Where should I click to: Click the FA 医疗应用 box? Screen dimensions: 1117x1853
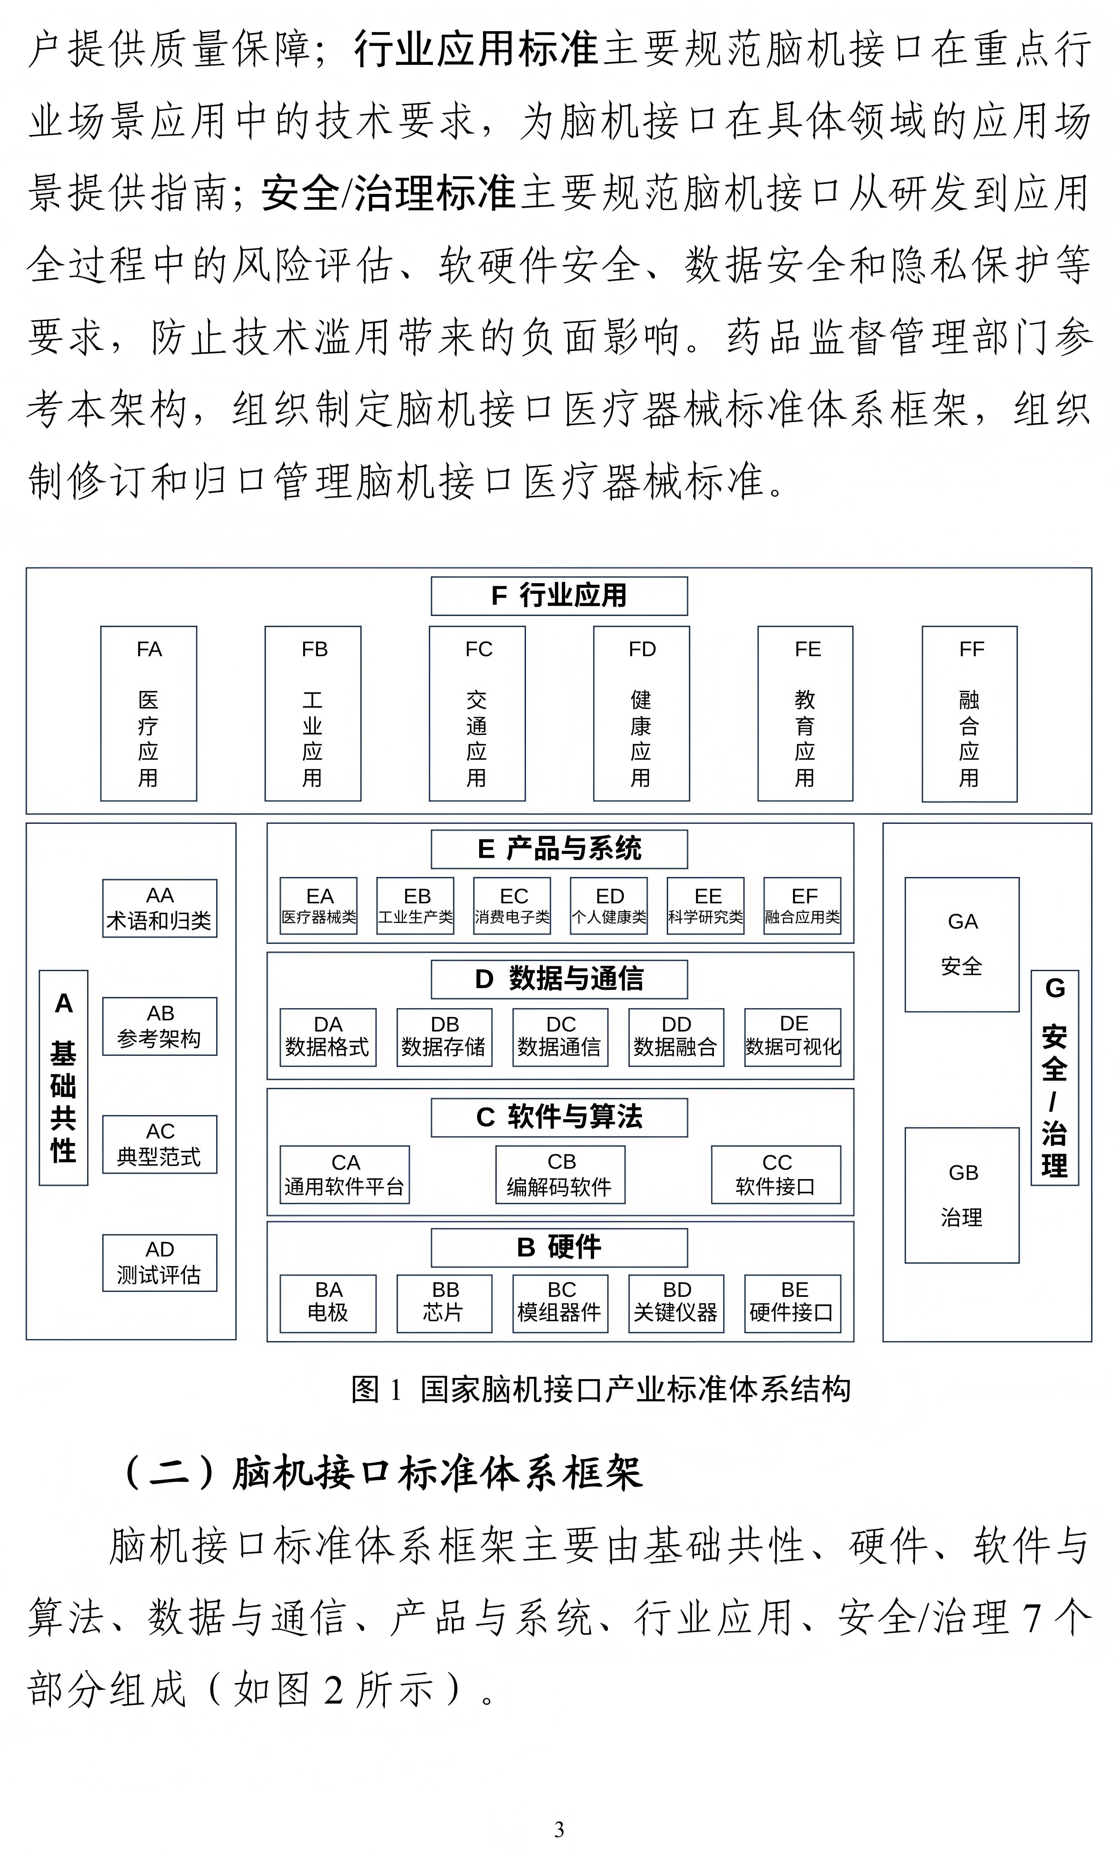pos(149,713)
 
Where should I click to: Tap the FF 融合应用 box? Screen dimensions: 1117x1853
pos(970,713)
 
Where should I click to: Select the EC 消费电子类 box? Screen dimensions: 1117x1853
pos(512,905)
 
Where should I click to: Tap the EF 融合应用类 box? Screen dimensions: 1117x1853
pos(802,905)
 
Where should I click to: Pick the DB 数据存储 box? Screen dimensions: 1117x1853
pos(444,1037)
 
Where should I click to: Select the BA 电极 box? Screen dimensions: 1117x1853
pos(328,1303)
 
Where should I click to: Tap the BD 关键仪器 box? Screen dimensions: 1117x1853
pos(676,1303)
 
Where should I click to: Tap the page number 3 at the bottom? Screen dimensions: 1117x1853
pos(558,1829)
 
